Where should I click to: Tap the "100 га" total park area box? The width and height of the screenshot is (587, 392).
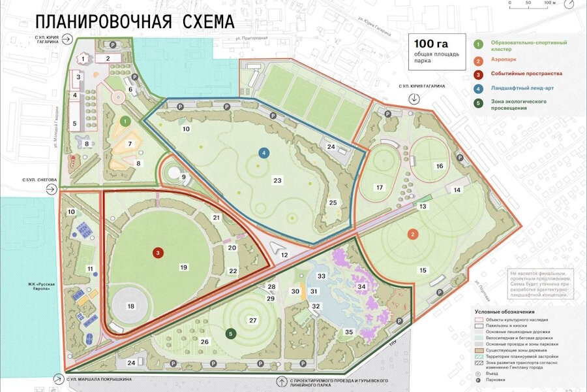pyautogui.click(x=437, y=52)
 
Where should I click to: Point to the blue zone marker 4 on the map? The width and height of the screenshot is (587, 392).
pyautogui.click(x=263, y=153)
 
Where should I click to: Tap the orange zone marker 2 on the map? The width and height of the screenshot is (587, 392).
pyautogui.click(x=412, y=234)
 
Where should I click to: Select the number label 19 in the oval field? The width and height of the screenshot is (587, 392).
pyautogui.click(x=184, y=267)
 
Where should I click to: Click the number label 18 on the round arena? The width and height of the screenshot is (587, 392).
pyautogui.click(x=130, y=306)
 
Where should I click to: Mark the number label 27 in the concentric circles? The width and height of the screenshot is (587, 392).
pyautogui.click(x=253, y=319)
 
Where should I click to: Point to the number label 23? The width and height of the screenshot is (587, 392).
pyautogui.click(x=277, y=180)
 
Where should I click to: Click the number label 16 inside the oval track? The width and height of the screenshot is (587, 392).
pyautogui.click(x=439, y=166)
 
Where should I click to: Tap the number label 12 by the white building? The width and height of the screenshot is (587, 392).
pyautogui.click(x=284, y=255)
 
